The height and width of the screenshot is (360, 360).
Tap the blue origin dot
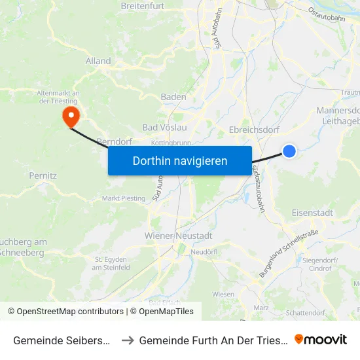tap(289, 151)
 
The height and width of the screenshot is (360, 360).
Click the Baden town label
tap(173, 97)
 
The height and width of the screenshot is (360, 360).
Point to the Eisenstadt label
tap(312, 213)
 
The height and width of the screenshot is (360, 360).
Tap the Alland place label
tap(98, 61)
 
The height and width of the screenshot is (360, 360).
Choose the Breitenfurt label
tap(141, 6)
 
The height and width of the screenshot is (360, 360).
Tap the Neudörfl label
tap(203, 251)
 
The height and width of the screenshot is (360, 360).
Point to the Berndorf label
tap(110, 141)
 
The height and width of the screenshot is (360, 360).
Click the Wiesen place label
tap(223, 295)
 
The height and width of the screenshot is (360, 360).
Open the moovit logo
tap(321, 339)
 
